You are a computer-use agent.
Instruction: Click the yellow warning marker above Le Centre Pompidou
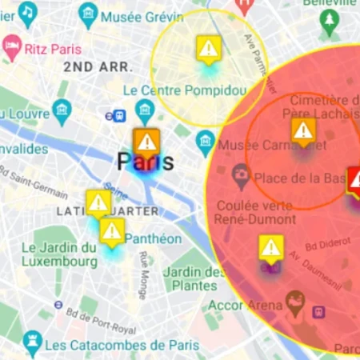[208, 50]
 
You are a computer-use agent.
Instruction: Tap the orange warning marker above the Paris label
[146, 142]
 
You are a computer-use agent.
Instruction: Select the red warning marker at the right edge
[355, 181]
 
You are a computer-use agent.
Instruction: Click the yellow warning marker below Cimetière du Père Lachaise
[302, 131]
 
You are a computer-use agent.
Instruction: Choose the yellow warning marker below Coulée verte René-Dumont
[271, 248]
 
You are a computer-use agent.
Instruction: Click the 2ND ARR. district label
[94, 67]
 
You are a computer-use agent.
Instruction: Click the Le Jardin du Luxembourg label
[59, 254]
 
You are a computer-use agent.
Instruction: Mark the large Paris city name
[146, 162]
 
